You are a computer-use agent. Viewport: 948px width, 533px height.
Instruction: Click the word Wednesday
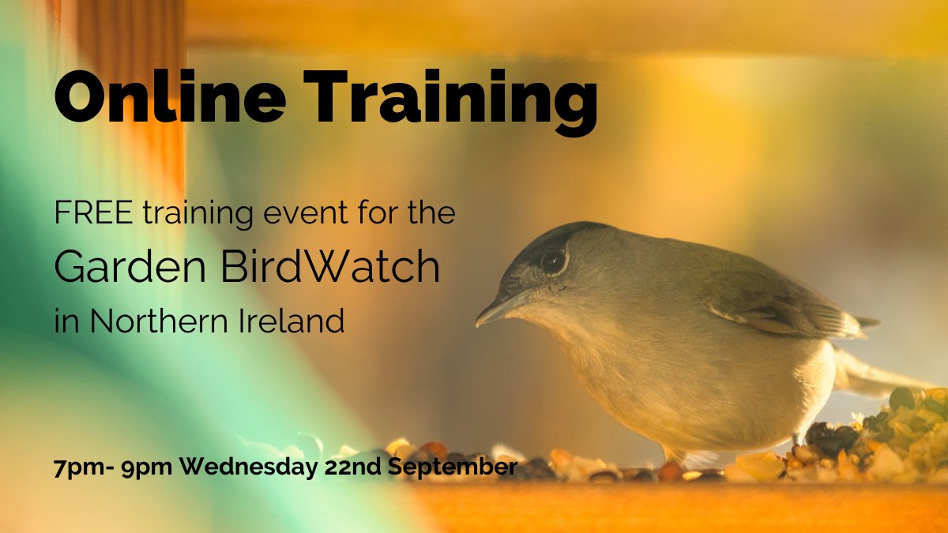(248, 466)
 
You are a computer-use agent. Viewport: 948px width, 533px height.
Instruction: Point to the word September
(453, 467)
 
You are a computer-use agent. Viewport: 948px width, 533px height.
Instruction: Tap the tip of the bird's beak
(478, 323)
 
